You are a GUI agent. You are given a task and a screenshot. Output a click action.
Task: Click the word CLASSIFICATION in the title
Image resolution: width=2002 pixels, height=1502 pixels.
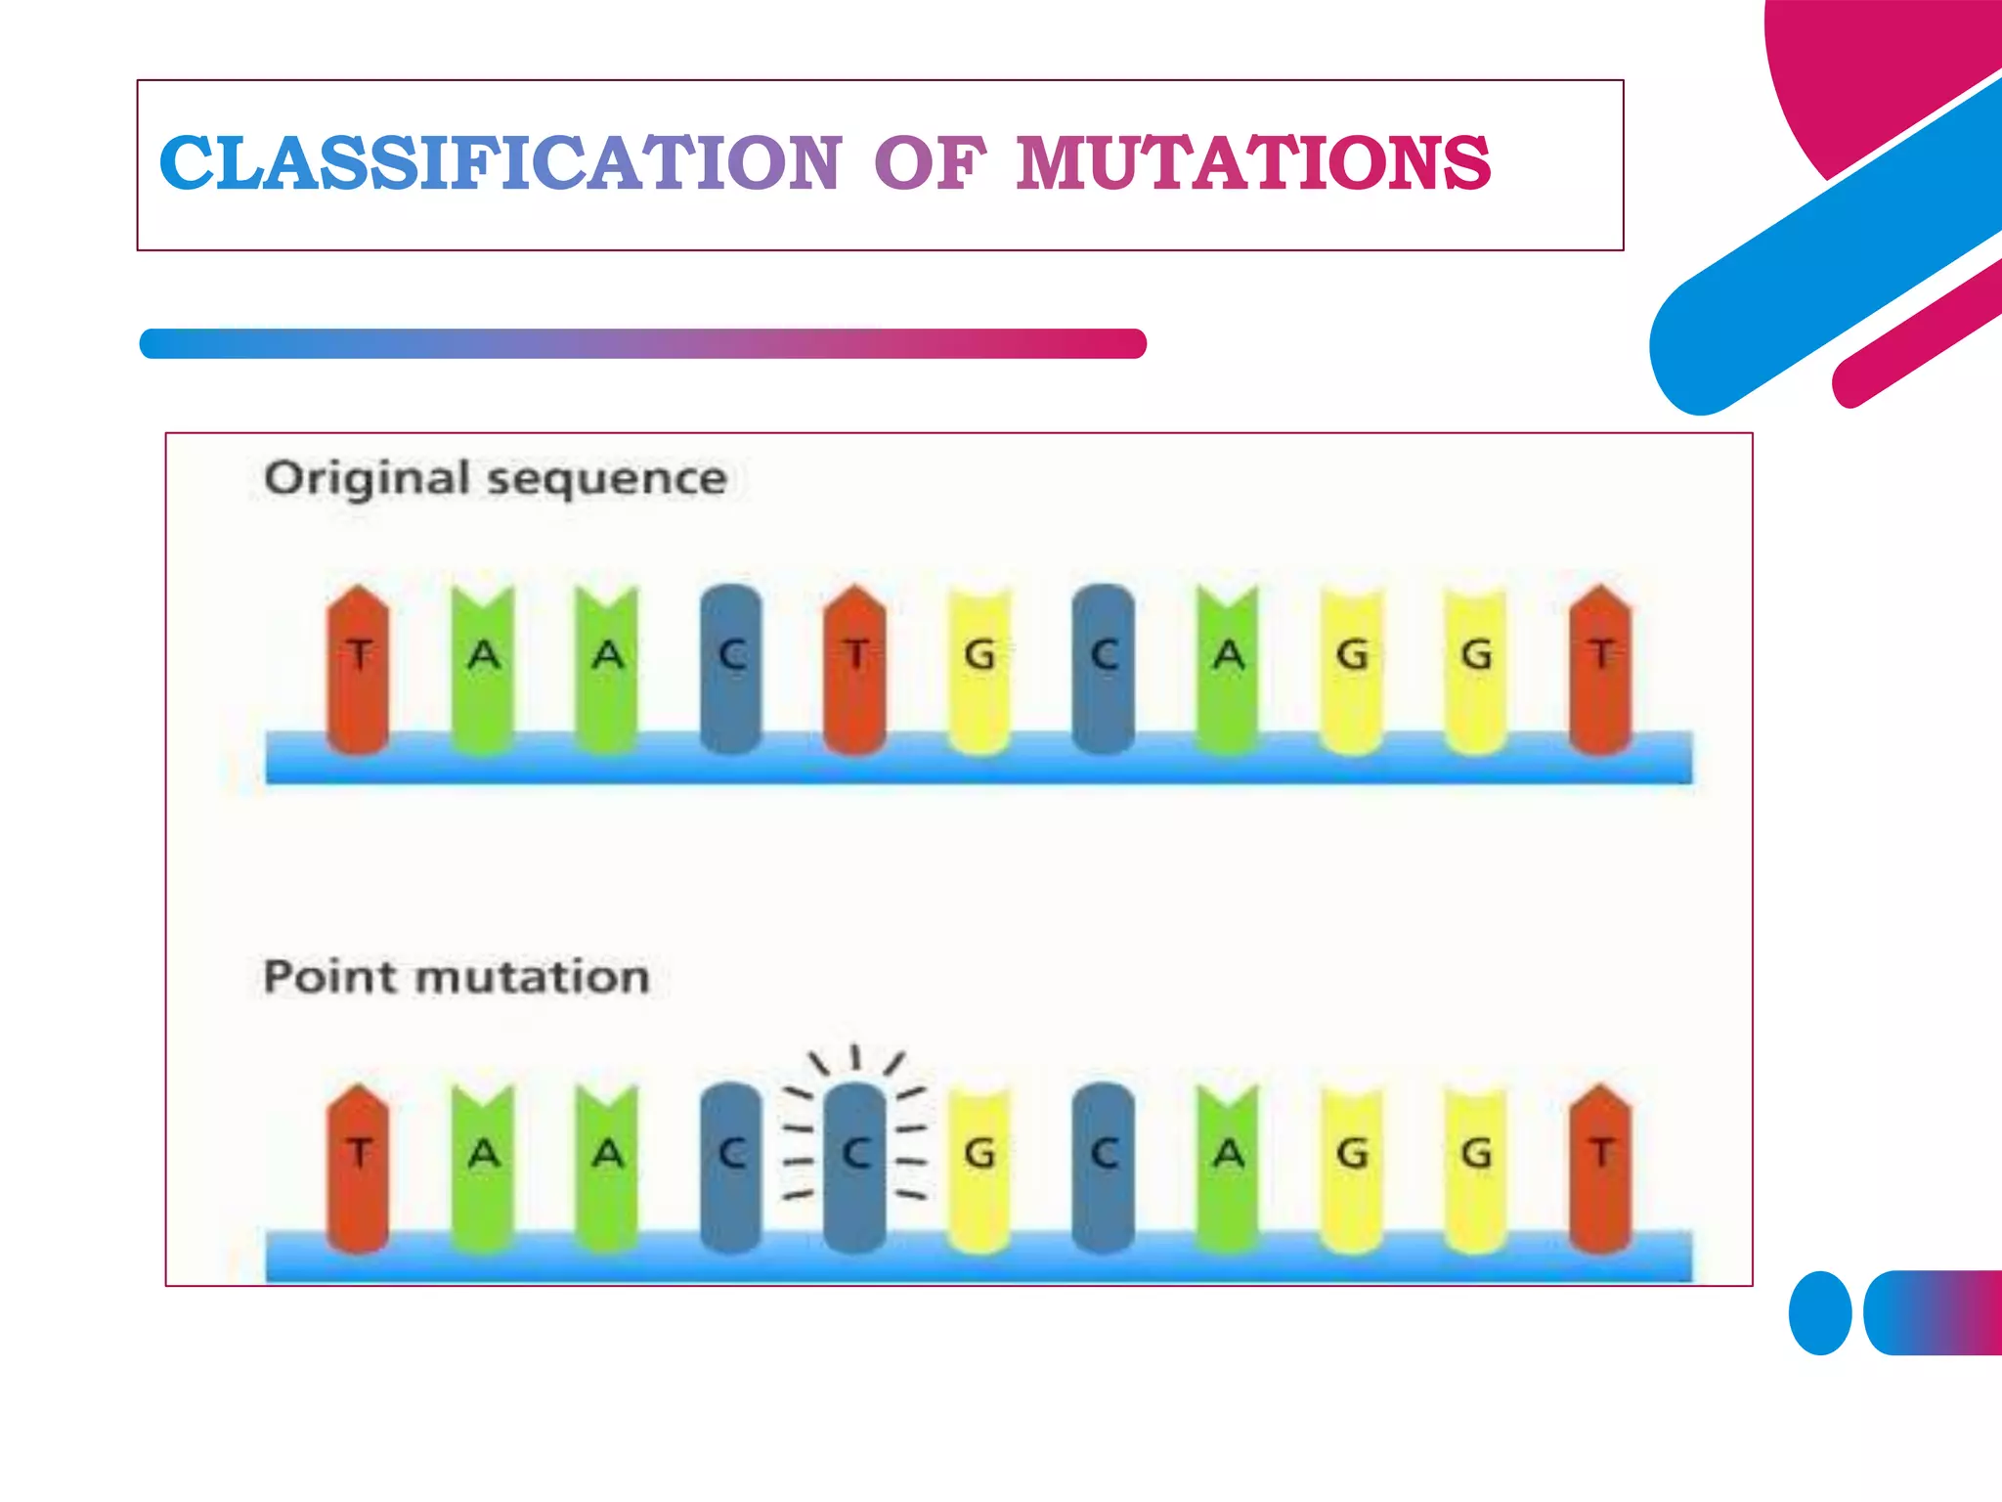click(x=500, y=162)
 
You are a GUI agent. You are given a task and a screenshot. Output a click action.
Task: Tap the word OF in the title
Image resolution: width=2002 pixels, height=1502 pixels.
click(x=930, y=162)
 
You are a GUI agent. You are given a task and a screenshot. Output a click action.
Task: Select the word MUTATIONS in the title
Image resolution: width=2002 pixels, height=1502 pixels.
click(x=1253, y=162)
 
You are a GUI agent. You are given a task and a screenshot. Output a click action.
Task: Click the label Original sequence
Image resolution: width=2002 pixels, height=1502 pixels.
click(x=496, y=479)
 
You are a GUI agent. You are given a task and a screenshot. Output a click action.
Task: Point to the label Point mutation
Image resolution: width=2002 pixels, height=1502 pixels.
click(x=457, y=977)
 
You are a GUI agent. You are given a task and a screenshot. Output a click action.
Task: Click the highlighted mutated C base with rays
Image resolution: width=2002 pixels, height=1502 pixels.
click(x=855, y=1164)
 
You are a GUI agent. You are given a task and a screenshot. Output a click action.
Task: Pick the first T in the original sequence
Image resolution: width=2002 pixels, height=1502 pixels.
click(x=359, y=670)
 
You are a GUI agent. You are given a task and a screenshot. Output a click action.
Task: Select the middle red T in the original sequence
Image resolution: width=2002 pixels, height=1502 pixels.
click(x=855, y=670)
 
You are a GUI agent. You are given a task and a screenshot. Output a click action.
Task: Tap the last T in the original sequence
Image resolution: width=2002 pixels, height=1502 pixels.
click(x=1600, y=670)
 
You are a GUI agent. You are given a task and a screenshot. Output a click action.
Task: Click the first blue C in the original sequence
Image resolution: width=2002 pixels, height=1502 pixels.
click(x=731, y=670)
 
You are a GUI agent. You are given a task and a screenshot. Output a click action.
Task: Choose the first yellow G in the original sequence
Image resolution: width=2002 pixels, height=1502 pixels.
click(x=979, y=670)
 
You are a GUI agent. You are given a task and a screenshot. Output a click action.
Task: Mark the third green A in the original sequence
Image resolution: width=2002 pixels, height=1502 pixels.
click(x=1229, y=670)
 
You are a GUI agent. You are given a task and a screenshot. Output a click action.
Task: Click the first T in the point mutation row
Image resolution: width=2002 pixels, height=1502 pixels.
click(x=359, y=1169)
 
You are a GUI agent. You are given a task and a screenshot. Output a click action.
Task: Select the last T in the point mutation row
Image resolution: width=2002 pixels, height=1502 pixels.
click(x=1600, y=1169)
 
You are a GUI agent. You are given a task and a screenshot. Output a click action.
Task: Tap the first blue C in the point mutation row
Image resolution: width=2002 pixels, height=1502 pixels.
click(x=731, y=1169)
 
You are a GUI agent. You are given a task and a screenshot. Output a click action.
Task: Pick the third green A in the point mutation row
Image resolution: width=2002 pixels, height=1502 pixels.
click(x=1229, y=1169)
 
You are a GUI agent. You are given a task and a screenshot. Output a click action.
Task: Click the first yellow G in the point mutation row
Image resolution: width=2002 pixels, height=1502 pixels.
click(x=979, y=1169)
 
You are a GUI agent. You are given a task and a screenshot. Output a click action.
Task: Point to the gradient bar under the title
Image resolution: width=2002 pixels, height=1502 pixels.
click(x=642, y=343)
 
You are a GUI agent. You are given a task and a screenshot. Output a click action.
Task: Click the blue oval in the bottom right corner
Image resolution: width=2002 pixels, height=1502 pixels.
click(x=1820, y=1312)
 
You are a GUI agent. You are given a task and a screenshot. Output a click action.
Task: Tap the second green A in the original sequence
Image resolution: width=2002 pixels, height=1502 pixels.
click(x=607, y=670)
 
